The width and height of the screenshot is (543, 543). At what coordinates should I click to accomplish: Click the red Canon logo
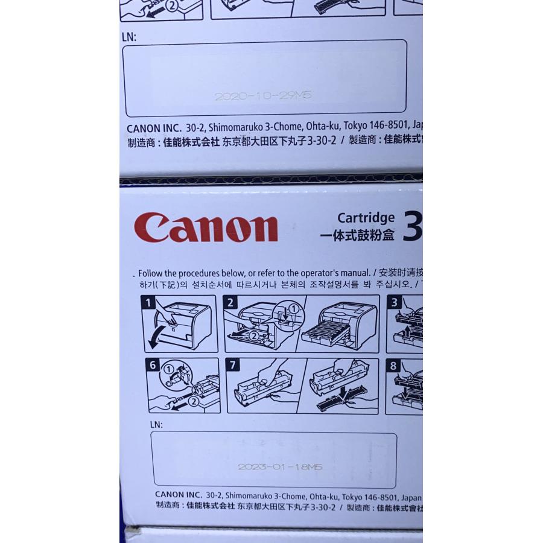point(206,227)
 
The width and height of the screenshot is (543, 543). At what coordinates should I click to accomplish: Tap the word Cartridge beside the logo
point(366,218)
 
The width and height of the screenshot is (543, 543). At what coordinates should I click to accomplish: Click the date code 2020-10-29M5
point(263,96)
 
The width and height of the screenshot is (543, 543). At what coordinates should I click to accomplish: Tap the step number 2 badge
point(230,302)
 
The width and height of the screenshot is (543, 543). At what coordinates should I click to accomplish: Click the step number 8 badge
point(393,366)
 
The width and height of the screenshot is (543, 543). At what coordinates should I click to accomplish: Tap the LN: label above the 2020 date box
point(129,37)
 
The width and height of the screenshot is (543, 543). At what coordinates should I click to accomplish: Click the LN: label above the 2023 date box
point(156,425)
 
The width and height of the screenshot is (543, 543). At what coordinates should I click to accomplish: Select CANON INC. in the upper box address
point(150,129)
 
